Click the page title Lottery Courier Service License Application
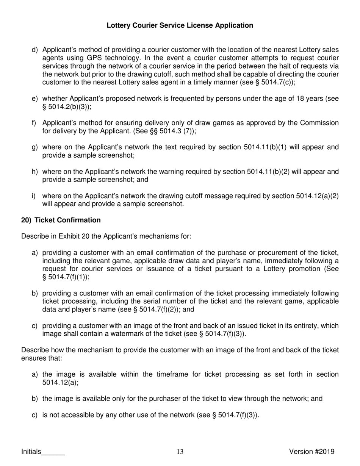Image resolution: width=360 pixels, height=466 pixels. pos(180,25)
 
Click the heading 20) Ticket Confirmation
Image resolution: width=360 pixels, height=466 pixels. pos(61,220)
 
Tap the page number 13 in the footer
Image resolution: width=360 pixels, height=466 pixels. pos(180,452)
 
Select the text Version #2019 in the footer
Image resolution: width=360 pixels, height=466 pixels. pos(311,451)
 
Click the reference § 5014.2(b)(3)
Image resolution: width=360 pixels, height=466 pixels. pos(66,107)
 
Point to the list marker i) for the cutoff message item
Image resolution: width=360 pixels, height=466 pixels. pos(34,196)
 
